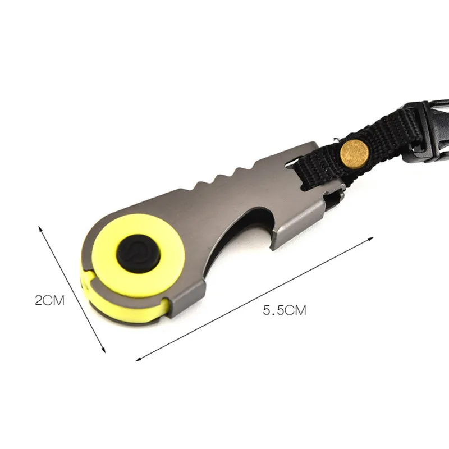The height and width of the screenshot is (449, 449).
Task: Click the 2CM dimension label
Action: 50,300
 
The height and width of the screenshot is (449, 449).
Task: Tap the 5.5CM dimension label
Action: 285,310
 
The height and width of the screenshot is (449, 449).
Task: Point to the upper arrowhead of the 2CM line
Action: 40,228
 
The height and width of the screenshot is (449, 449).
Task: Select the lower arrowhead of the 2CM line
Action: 103,350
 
